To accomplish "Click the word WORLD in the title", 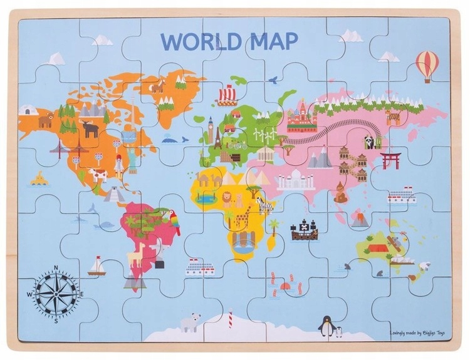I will click(x=198, y=41).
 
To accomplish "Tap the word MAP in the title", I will click(x=271, y=41).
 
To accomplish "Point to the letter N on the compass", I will click(x=57, y=267).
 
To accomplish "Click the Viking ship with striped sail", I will click(x=226, y=96).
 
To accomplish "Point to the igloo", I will click(x=27, y=110).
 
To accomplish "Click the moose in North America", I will click(x=90, y=129).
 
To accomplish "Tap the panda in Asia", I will click(x=370, y=142).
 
